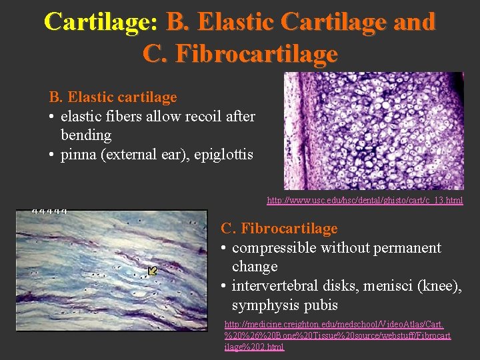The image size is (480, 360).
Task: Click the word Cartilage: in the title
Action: [x=101, y=21]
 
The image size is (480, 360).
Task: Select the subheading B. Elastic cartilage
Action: [x=113, y=97]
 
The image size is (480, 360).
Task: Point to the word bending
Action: [x=86, y=135]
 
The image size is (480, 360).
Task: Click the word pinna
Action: [x=79, y=155]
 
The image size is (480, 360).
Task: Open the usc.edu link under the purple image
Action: [x=365, y=200]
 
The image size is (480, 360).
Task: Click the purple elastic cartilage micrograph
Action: [x=373, y=131]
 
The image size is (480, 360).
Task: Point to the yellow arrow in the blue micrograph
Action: [x=153, y=270]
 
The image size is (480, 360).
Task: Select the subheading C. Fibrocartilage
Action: [x=279, y=229]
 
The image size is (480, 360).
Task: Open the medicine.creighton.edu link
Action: [x=337, y=335]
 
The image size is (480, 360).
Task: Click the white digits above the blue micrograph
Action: [x=50, y=211]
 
